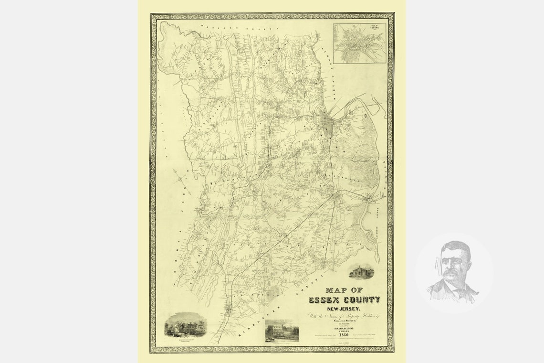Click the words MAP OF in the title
344,290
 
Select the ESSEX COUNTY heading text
344,300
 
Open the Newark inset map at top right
359,43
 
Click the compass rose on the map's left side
180,180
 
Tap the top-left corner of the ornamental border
153,16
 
